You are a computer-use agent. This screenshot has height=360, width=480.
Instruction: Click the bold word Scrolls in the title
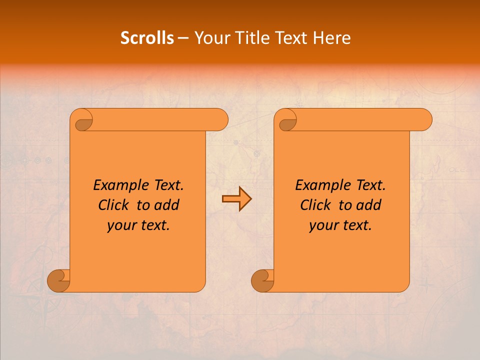(x=147, y=37)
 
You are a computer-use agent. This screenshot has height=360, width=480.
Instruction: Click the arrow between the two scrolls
(x=236, y=199)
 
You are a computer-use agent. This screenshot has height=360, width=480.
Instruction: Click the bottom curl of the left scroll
(x=59, y=280)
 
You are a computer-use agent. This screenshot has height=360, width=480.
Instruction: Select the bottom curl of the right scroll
(x=262, y=280)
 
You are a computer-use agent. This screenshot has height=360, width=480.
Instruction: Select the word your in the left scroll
(x=121, y=225)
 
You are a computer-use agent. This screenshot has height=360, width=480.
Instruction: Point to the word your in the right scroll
(x=323, y=225)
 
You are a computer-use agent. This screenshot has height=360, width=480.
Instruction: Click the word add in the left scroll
(x=168, y=205)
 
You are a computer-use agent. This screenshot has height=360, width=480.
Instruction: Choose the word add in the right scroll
(x=370, y=205)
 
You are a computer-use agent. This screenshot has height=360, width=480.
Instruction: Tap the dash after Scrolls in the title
(x=183, y=38)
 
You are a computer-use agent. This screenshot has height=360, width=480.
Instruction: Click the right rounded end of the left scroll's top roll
(x=220, y=120)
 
